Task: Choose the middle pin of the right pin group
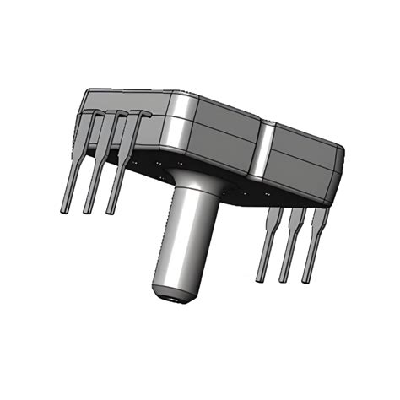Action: pos(289,251)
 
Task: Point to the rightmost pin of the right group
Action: pos(313,245)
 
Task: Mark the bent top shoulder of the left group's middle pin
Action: pos(119,114)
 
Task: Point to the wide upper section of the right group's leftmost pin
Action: pos(273,221)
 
